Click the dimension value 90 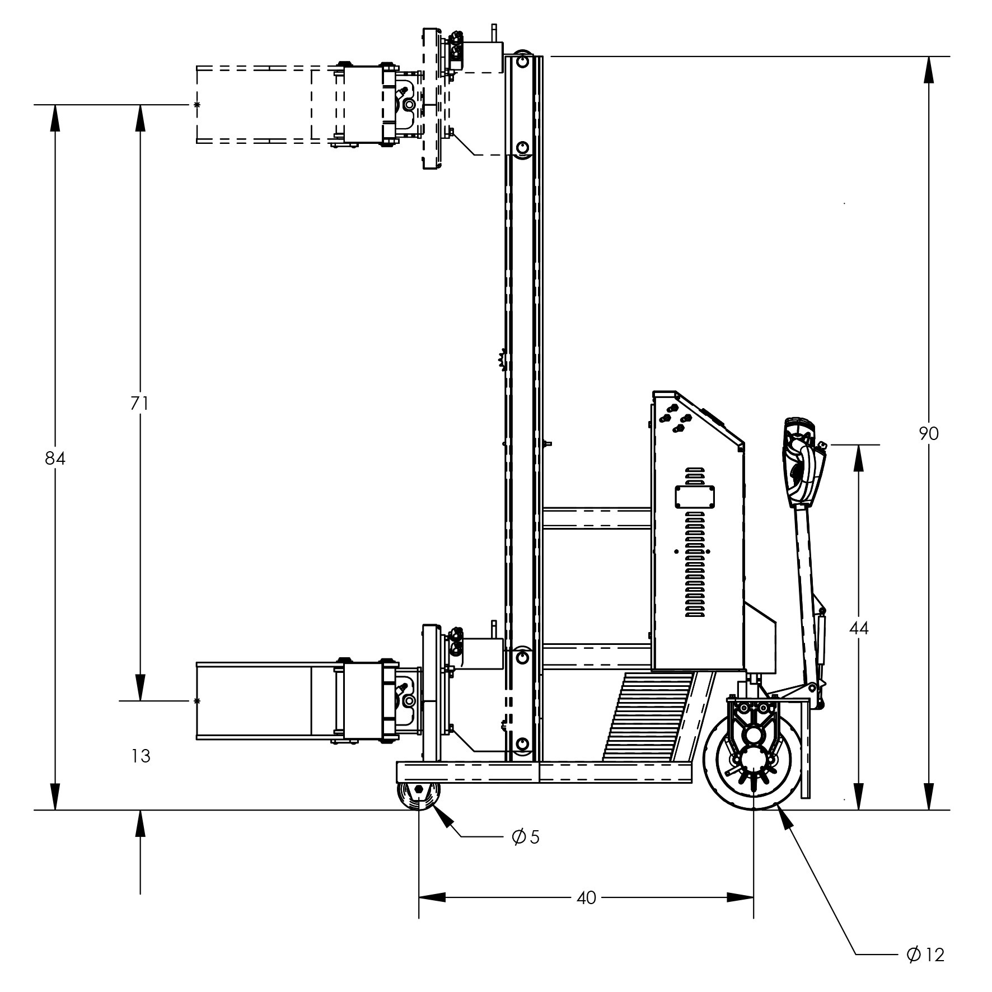coord(929,433)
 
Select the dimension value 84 coord(55,458)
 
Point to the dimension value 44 coord(859,628)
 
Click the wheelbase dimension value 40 coord(586,898)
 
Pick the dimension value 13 coord(141,756)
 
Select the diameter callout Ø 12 coord(925,954)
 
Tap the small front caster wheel coord(419,796)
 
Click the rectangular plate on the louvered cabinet coord(695,497)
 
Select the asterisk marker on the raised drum coord(196,105)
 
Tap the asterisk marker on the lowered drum coord(196,701)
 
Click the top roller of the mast coord(523,60)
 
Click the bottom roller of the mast coord(523,744)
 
